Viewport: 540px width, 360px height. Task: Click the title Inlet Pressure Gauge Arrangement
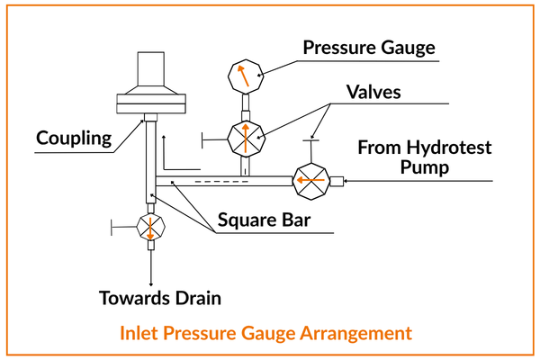point(265,333)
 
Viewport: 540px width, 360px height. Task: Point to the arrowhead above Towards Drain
point(148,275)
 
